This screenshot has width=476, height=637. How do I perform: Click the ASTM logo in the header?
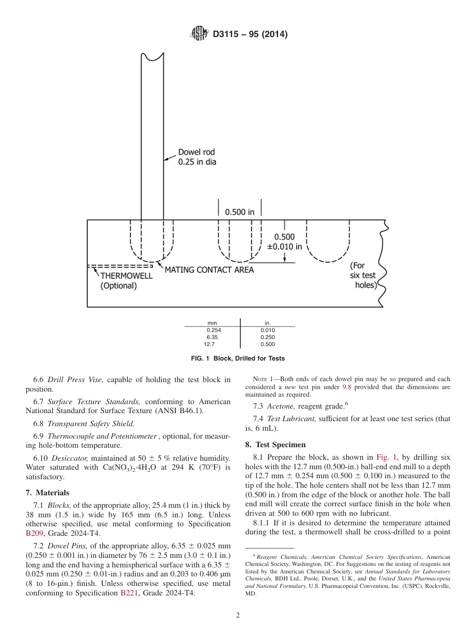point(199,34)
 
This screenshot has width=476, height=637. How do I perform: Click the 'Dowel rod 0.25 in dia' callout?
point(197,157)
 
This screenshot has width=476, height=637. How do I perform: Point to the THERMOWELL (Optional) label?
point(126,280)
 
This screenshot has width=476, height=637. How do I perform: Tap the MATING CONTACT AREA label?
point(209,270)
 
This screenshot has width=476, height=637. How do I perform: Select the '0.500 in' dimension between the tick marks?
point(240,212)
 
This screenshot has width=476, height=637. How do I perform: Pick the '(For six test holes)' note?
point(363,275)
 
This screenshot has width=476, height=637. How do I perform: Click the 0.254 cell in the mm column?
point(214,330)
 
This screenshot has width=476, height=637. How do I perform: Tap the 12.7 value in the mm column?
point(209,344)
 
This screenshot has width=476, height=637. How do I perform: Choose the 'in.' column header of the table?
point(268,323)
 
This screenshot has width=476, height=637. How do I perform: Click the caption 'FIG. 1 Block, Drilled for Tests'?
point(238,358)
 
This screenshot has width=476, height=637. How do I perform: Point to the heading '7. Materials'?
point(48,493)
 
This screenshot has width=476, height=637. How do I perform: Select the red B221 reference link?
point(129,593)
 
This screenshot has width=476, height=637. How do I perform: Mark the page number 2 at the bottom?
point(238,615)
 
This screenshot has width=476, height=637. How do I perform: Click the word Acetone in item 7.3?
point(281,406)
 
